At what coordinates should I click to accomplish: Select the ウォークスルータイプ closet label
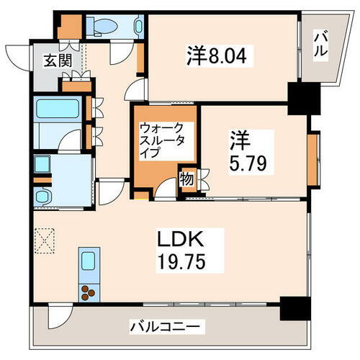click(x=163, y=141)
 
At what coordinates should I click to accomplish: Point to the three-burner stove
click(x=89, y=292)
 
